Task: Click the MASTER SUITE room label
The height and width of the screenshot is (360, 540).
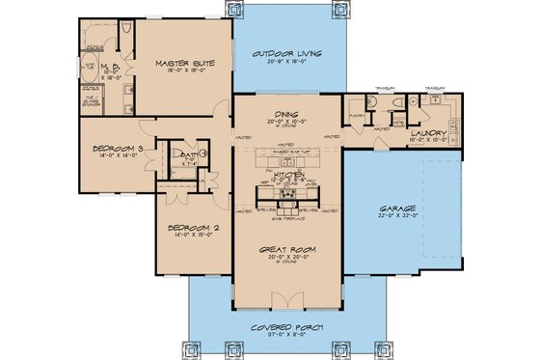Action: tap(184, 64)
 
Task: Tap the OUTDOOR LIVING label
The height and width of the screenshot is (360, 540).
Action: tap(286, 52)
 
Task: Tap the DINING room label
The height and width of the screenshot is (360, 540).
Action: tap(285, 113)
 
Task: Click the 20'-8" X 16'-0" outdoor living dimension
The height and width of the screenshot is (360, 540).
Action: tap(286, 61)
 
